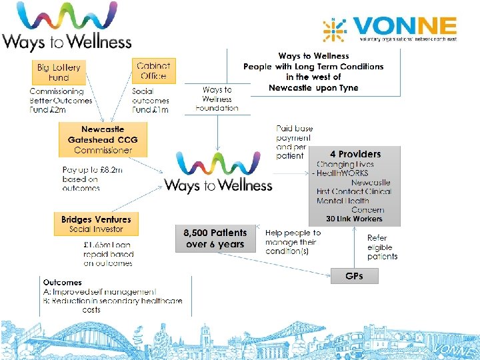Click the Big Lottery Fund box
click(58, 73)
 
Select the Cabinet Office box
click(153, 71)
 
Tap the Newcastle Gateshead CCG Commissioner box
click(103, 139)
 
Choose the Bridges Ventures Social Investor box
click(96, 224)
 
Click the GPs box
click(354, 275)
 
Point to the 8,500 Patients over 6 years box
click(215, 239)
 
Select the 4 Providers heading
click(355, 154)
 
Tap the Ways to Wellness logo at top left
click(67, 28)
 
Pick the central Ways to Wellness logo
click(218, 173)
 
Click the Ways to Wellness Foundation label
click(217, 99)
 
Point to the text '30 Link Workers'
click(354, 219)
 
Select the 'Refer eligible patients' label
click(382, 247)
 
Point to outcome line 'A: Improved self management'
click(99, 291)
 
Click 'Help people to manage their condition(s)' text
click(293, 242)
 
